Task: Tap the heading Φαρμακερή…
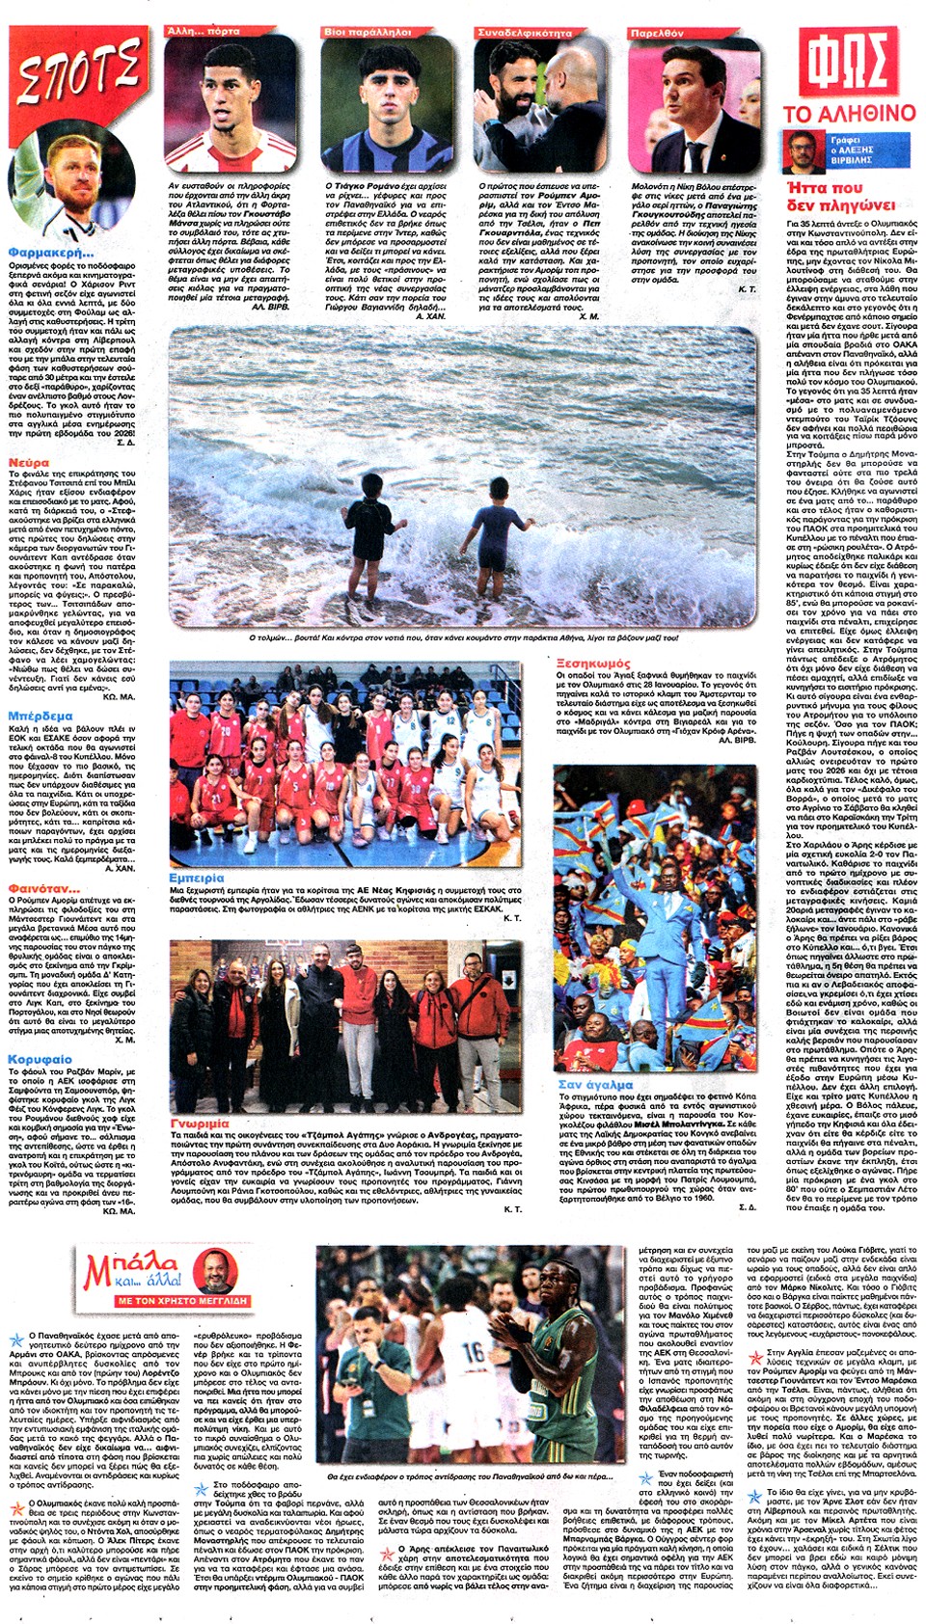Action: coord(50,253)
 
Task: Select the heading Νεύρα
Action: coord(28,463)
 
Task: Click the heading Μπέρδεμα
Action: coord(40,716)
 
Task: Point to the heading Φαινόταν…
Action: coord(43,888)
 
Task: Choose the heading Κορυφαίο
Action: coord(40,1059)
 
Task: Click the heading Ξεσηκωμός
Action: coord(593,663)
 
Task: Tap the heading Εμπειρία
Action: coord(196,878)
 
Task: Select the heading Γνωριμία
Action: coord(200,1123)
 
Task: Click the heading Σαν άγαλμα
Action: coord(595,1084)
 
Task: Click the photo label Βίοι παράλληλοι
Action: coord(368,32)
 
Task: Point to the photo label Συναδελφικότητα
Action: coord(525,32)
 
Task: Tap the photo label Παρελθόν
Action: coord(657,32)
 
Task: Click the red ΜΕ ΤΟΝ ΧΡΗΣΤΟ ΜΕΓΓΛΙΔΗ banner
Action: coord(182,1301)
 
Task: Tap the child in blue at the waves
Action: coord(498,540)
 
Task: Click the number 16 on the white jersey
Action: coord(473,1353)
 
